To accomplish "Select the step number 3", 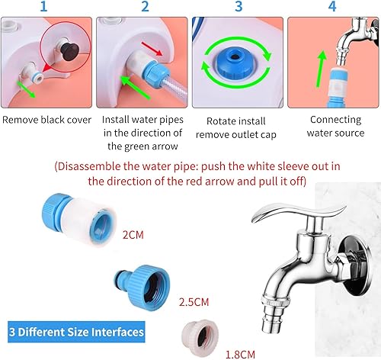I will click(x=239, y=8).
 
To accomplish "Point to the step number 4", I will click(x=332, y=8).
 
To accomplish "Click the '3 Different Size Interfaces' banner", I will click(x=75, y=332).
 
